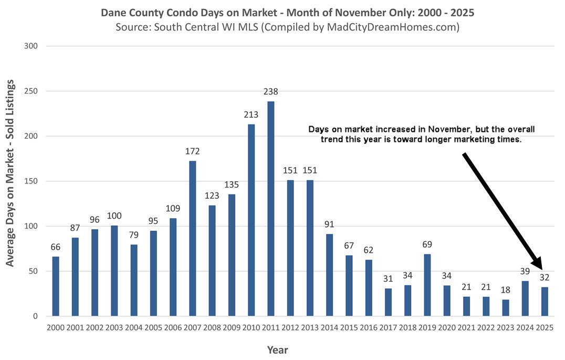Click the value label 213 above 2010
tap(251, 114)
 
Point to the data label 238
tap(270, 91)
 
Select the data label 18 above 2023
tap(506, 290)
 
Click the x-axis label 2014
tap(329, 327)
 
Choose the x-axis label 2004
tap(133, 327)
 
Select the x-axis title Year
tap(277, 349)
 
